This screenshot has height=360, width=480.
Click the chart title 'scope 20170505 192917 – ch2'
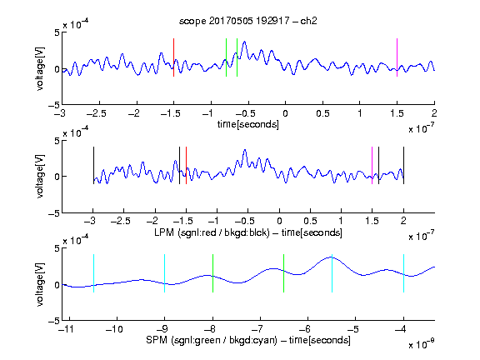coord(248,21)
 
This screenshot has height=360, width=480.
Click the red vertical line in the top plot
coord(173,57)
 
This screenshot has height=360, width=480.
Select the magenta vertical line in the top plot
coord(397,57)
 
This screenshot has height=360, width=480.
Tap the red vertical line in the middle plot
coord(186,166)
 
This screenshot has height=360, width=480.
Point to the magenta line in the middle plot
coord(372,166)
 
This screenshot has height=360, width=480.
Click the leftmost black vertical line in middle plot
coord(93,166)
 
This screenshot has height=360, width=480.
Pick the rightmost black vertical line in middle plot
coord(403,166)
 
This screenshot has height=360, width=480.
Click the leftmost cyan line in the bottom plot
coord(93,273)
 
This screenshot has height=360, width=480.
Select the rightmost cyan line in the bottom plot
coord(403,273)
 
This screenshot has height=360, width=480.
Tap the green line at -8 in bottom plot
coord(212,273)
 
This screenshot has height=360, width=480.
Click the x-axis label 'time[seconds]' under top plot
coord(248,124)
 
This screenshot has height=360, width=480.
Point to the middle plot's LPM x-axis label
coord(248,232)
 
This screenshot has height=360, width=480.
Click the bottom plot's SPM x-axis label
coord(248,340)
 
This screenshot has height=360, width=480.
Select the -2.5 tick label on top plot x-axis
coord(97,113)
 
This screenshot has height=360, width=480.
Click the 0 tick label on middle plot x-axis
coord(279,221)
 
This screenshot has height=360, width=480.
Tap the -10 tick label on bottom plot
coord(114,329)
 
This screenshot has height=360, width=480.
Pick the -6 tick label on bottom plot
coord(305,329)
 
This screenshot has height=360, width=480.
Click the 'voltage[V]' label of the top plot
coord(40,68)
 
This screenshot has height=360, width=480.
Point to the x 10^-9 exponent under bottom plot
coord(421,344)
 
